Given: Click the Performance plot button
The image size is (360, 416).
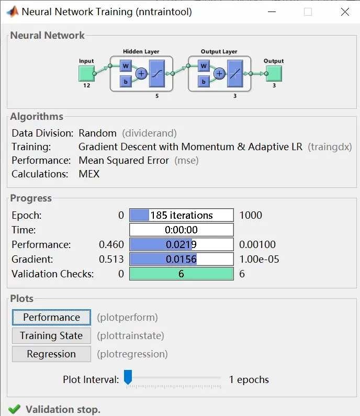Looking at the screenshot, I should pyautogui.click(x=51, y=317).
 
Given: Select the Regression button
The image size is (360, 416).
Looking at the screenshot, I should pyautogui.click(x=51, y=354).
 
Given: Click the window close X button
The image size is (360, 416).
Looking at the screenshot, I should pyautogui.click(x=345, y=12).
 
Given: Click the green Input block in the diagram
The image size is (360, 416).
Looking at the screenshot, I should pyautogui.click(x=86, y=73).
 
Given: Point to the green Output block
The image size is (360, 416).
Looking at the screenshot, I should pyautogui.click(x=274, y=73).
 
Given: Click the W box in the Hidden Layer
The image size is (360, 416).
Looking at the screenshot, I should pyautogui.click(x=126, y=66).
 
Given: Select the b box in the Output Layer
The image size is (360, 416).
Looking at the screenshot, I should pyautogui.click(x=204, y=82).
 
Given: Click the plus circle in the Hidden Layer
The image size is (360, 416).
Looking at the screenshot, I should pyautogui.click(x=141, y=74).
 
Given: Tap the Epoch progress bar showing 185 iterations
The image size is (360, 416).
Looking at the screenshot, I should pyautogui.click(x=181, y=215).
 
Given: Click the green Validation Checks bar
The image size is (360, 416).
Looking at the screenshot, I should pyautogui.click(x=181, y=274).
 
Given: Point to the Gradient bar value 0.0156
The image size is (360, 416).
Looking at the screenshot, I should pyautogui.click(x=181, y=259).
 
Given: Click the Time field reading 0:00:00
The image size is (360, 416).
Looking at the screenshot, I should pyautogui.click(x=181, y=230).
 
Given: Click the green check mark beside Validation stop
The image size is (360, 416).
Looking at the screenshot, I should pyautogui.click(x=14, y=409).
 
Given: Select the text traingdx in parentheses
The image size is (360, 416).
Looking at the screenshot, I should pyautogui.click(x=330, y=147).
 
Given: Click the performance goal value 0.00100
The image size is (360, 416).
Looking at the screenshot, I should pyautogui.click(x=257, y=244).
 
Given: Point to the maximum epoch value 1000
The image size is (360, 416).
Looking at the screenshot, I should pyautogui.click(x=251, y=215).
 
